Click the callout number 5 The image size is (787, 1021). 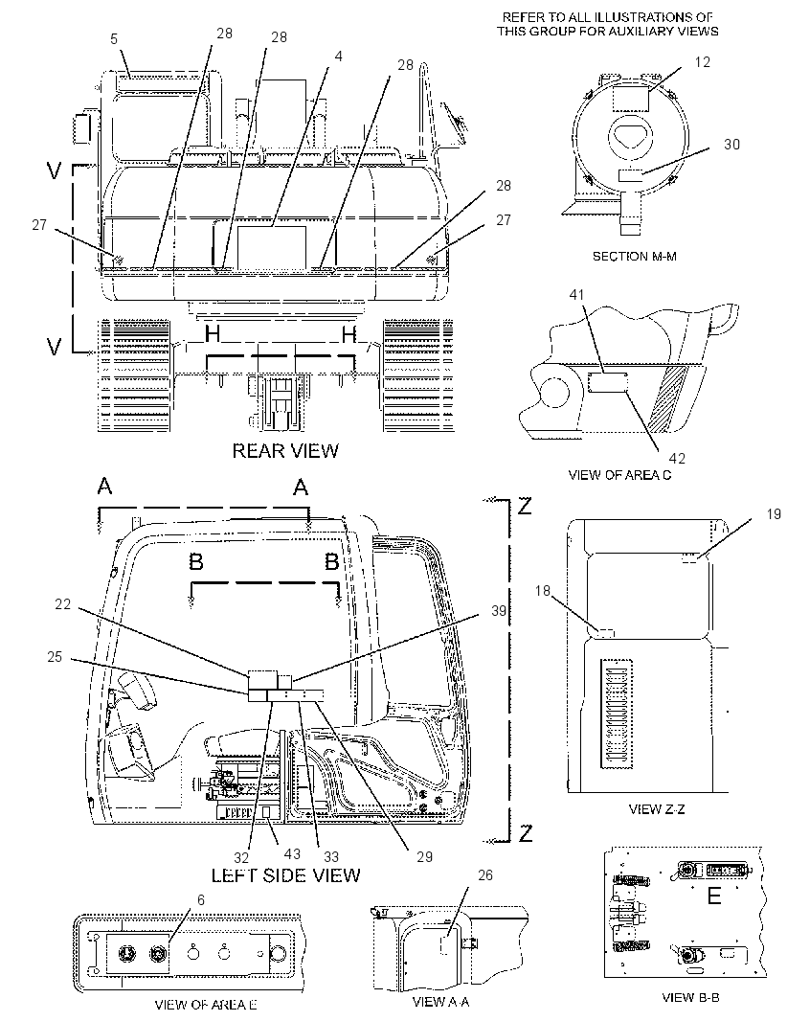tap(114, 39)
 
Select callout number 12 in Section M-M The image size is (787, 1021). tap(703, 62)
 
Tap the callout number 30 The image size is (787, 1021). tap(731, 144)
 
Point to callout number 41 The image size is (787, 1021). tap(576, 294)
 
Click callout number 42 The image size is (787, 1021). tap(677, 459)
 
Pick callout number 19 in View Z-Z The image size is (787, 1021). tap(774, 514)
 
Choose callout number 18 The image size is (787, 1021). tap(542, 591)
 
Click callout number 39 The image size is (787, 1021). tap(499, 611)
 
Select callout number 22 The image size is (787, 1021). tap(62, 604)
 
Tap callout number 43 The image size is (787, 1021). tap(292, 853)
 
